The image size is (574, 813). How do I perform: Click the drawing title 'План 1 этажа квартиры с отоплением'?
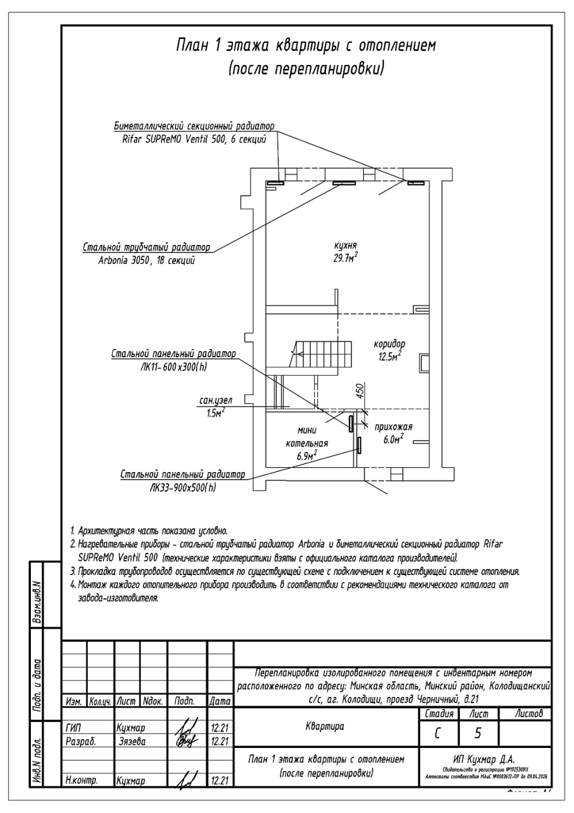coord(305,46)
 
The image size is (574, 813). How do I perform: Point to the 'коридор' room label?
coord(389,344)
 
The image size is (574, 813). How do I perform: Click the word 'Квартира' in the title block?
coord(325,727)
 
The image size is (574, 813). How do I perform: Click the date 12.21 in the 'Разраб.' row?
coord(218,739)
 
